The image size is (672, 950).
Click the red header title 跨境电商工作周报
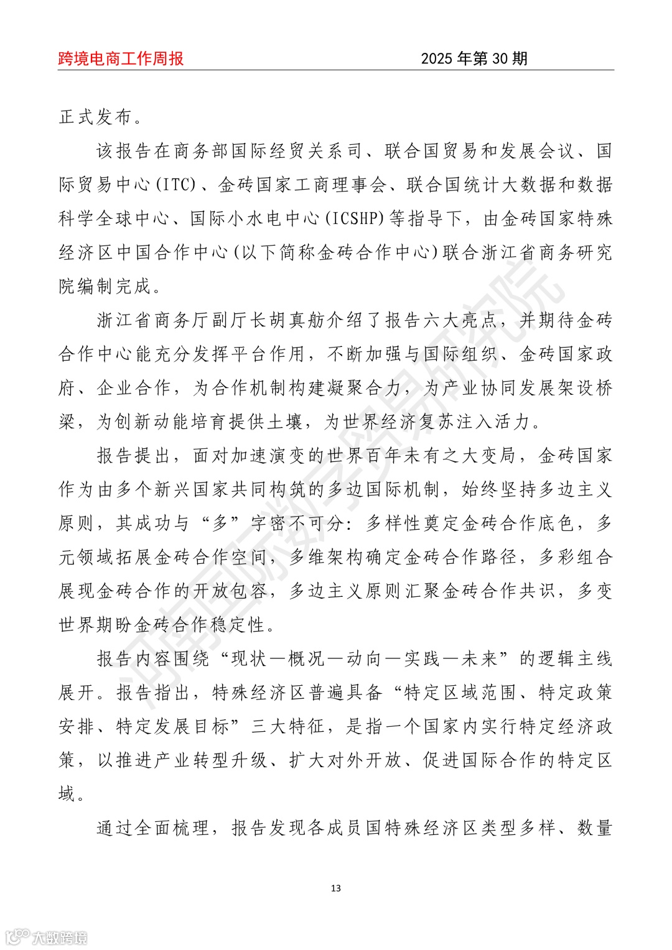click(x=121, y=58)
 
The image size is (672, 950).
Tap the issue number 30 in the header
click(x=500, y=58)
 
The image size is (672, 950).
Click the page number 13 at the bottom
click(x=336, y=888)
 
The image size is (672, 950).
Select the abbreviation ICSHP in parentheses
click(x=357, y=218)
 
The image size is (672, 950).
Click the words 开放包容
click(x=230, y=591)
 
